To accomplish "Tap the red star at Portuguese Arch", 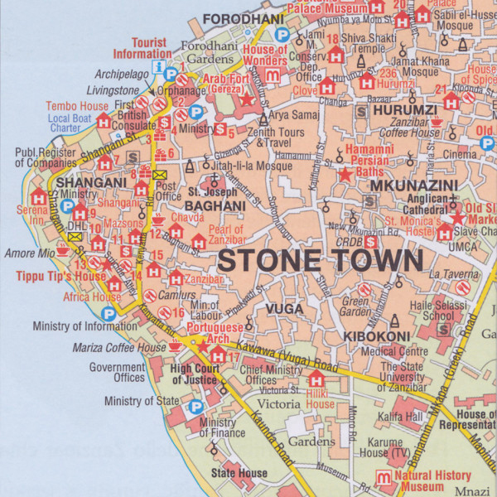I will (203, 345).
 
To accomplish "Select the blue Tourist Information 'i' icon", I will (158, 67).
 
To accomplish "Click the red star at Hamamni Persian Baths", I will (345, 174).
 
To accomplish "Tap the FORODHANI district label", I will (238, 18).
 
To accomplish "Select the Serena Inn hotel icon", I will (38, 198).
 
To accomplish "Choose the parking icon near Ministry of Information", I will (108, 313).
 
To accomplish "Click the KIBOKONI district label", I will (378, 335).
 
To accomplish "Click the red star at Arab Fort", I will (246, 99).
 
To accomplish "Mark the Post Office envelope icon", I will (159, 175).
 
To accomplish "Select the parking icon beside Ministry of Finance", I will (195, 407).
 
